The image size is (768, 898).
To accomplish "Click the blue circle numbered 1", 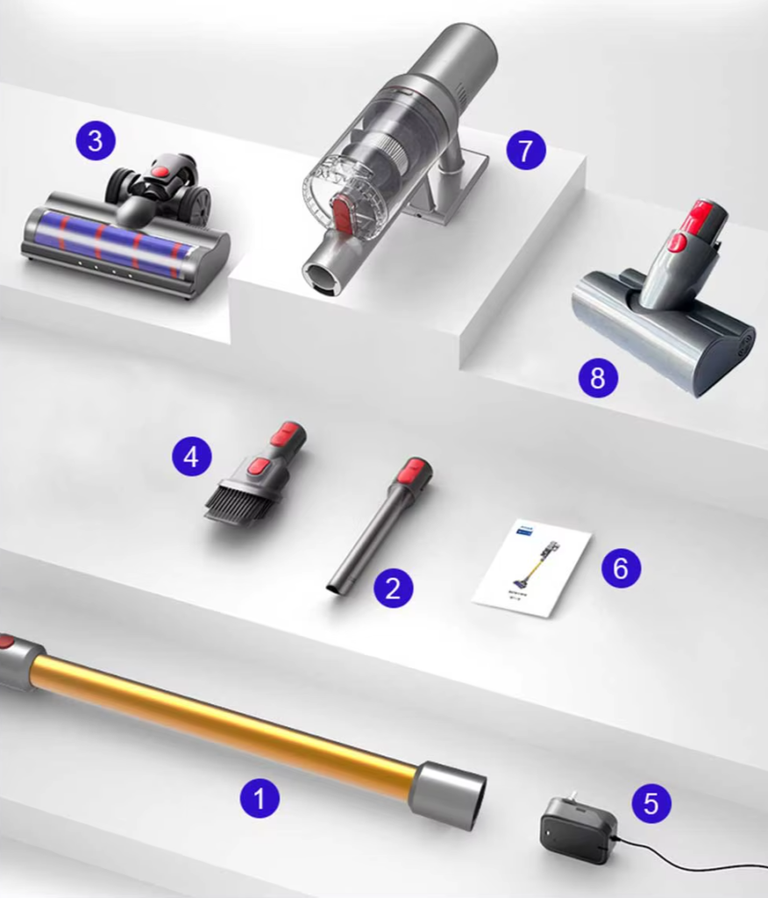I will click(x=260, y=798).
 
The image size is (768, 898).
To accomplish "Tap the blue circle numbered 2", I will click(x=393, y=588).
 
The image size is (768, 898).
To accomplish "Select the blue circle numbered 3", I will click(x=96, y=140).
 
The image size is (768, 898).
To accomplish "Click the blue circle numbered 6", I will click(x=621, y=568).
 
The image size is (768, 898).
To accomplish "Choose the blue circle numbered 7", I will click(x=526, y=151).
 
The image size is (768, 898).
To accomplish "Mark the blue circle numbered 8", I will click(x=598, y=378).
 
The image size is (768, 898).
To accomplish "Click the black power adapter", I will click(x=577, y=829).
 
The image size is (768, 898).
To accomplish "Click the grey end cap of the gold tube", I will click(x=447, y=795).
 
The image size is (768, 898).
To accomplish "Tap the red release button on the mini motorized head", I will click(x=678, y=241).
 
